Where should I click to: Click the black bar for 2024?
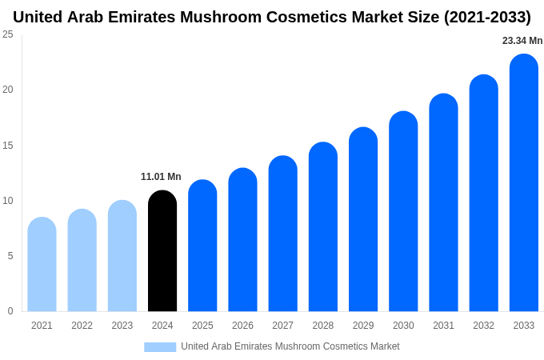162,251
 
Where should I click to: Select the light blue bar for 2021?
42,265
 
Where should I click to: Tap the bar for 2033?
524,183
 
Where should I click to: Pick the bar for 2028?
323,227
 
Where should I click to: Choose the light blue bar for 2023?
122,256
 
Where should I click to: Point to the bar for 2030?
403,212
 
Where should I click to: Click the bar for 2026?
242,240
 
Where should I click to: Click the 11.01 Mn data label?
161,177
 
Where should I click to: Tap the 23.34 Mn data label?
522,41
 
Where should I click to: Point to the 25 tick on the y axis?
8,34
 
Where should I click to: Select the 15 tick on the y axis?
8,145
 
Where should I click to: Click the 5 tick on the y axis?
10,256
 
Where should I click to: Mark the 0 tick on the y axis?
10,311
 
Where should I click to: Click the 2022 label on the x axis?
82,326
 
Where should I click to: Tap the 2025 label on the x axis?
202,326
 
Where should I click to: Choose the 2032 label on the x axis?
483,326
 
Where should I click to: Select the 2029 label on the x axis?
363,326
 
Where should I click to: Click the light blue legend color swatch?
160,347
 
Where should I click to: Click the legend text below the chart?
290,346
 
